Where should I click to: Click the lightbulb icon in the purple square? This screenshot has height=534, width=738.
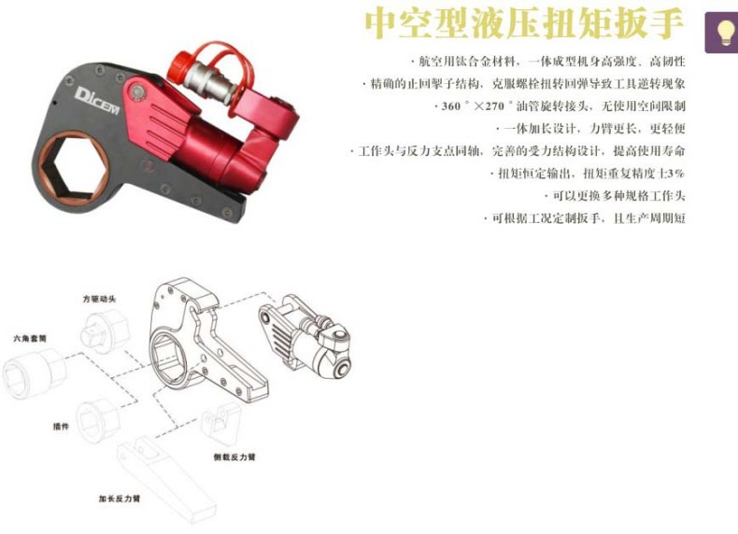click(x=722, y=31)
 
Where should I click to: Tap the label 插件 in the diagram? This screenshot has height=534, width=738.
click(x=62, y=426)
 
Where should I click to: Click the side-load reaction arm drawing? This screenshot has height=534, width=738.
click(x=221, y=425)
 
